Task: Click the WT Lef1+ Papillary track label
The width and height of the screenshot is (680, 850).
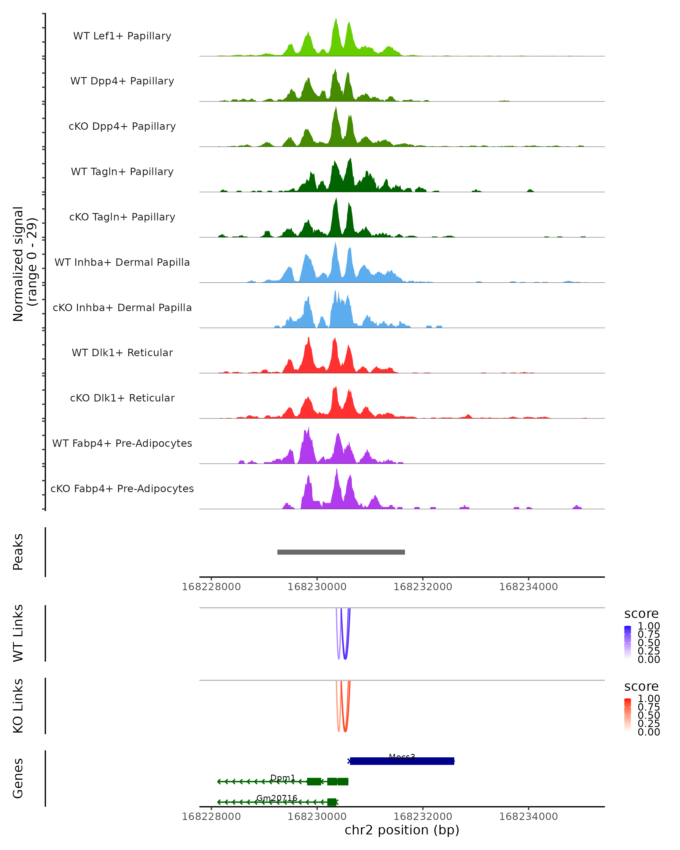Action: point(122,36)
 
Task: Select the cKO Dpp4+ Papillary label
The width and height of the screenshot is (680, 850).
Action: point(122,127)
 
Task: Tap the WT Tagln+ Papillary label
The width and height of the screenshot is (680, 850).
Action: point(122,172)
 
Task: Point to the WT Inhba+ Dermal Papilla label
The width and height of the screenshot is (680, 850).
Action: point(122,263)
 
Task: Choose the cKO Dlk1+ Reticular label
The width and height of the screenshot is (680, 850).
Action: point(122,398)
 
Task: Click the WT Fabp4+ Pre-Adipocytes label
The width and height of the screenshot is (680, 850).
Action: point(122,443)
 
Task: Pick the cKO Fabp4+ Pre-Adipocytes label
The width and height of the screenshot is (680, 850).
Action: point(122,489)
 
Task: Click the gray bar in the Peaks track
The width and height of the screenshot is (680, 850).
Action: point(341,552)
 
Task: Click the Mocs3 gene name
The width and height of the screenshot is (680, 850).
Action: point(402,757)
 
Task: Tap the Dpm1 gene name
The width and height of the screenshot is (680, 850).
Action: point(283,777)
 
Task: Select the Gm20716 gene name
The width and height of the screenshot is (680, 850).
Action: point(277,798)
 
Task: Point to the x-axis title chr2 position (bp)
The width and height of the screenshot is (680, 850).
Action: point(402,830)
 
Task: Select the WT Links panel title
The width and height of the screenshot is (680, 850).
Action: point(18,633)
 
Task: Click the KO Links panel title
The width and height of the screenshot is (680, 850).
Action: point(18,706)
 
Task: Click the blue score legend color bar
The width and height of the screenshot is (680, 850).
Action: point(628,642)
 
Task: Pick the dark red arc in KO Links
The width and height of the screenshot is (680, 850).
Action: point(345,729)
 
